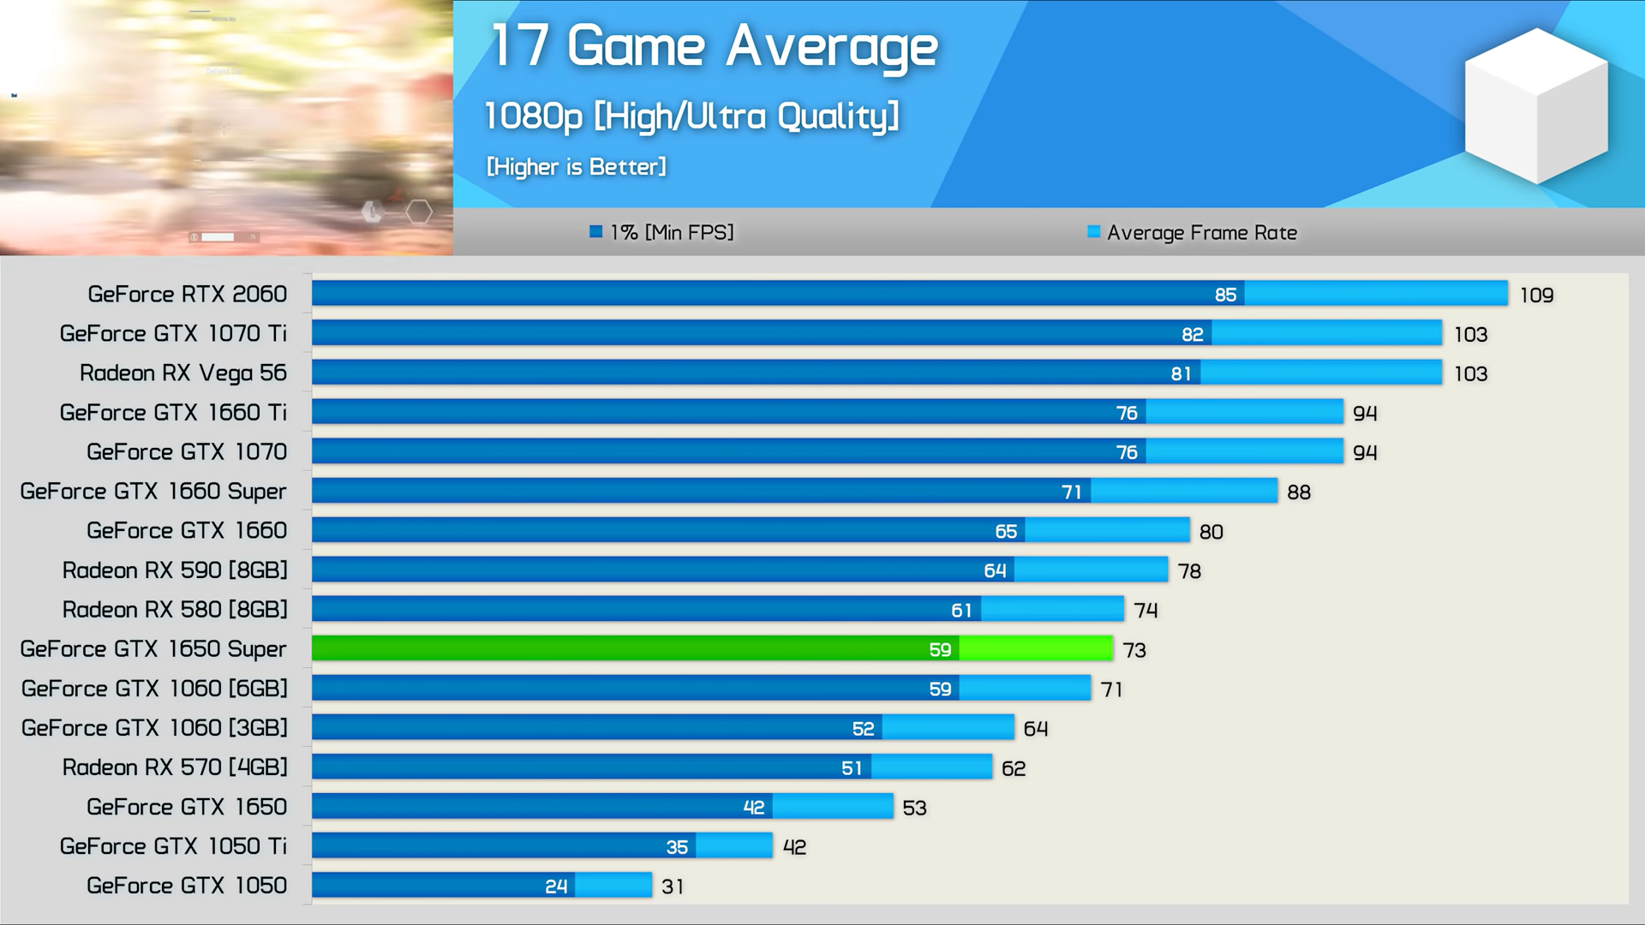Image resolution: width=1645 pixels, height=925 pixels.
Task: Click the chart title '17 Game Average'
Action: pyautogui.click(x=715, y=46)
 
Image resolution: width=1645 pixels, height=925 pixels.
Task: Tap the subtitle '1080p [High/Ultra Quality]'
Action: pyautogui.click(x=691, y=116)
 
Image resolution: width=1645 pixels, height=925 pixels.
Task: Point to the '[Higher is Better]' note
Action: pyautogui.click(x=576, y=166)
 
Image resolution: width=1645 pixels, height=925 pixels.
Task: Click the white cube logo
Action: pyautogui.click(x=1536, y=105)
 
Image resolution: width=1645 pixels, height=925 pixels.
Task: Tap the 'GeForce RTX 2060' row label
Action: pyautogui.click(x=187, y=294)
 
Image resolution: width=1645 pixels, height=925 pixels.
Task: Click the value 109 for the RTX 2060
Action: pyautogui.click(x=1536, y=295)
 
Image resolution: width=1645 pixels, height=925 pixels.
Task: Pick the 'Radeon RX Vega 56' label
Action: pyautogui.click(x=182, y=373)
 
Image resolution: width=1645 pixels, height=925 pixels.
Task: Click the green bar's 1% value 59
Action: pyautogui.click(x=940, y=650)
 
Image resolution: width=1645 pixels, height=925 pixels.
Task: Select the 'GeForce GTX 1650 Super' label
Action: pyautogui.click(x=153, y=649)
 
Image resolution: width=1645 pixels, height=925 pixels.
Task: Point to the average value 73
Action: pyautogui.click(x=1134, y=650)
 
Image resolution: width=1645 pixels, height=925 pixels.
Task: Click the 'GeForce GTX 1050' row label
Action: pyautogui.click(x=187, y=886)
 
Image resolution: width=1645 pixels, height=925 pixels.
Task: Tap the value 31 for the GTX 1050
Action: pyautogui.click(x=673, y=886)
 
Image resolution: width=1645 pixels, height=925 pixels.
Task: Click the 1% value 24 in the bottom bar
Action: pyautogui.click(x=556, y=886)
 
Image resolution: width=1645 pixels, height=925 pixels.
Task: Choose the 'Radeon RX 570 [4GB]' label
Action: pyautogui.click(x=175, y=767)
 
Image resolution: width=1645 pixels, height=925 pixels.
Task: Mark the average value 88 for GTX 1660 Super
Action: pyautogui.click(x=1299, y=492)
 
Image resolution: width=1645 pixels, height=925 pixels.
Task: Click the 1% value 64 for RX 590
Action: pyautogui.click(x=995, y=570)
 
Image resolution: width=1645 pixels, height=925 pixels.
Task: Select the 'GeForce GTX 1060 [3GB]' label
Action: pyautogui.click(x=154, y=728)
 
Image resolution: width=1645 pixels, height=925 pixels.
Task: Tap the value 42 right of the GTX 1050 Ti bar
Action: pyautogui.click(x=794, y=847)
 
